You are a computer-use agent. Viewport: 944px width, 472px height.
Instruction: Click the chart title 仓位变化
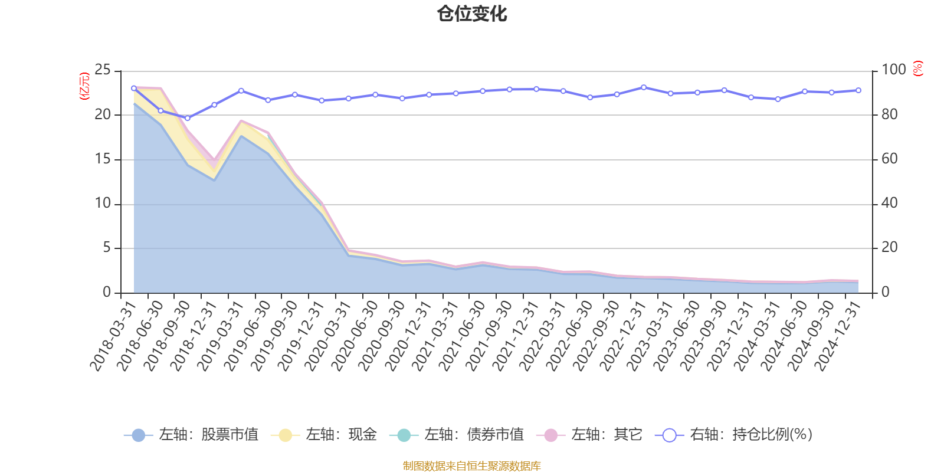click(472, 14)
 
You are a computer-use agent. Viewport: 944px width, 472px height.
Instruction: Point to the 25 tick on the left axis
click(103, 70)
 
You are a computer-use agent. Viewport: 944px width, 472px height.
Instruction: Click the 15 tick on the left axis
click(103, 159)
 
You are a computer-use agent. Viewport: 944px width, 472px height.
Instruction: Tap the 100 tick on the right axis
click(893, 70)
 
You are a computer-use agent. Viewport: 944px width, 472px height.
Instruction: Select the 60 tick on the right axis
click(890, 159)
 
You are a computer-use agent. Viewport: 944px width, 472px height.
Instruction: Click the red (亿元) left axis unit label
click(84, 86)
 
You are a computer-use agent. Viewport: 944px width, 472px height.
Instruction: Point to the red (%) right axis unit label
click(917, 68)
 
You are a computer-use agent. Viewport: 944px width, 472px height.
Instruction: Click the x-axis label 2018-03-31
click(113, 336)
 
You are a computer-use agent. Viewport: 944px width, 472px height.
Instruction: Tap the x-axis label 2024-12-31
click(838, 336)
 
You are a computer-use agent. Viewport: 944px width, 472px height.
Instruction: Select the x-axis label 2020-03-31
click(328, 336)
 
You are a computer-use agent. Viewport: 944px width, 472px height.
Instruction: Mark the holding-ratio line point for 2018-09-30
click(188, 118)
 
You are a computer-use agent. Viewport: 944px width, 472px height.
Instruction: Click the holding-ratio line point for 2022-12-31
click(643, 87)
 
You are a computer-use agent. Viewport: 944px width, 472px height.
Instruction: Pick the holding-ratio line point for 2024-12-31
click(858, 90)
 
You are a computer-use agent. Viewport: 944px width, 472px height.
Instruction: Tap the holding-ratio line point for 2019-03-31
click(241, 90)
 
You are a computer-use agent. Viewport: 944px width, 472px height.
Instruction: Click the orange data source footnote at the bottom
click(472, 466)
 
